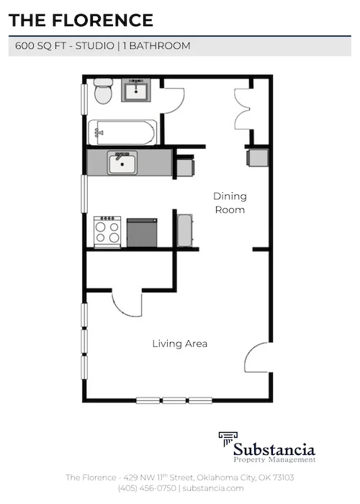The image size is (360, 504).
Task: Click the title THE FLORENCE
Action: (81, 20)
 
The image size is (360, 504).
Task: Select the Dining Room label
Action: (229, 203)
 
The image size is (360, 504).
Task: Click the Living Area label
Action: (179, 343)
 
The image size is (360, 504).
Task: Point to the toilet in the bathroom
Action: (103, 91)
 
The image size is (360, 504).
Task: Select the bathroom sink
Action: (135, 91)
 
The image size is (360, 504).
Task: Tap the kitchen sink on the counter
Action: (122, 162)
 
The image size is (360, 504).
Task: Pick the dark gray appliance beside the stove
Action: (142, 233)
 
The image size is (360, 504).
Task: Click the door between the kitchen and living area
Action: (127, 303)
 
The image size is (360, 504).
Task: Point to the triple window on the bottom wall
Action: (174, 400)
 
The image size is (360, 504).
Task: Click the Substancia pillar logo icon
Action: (229, 440)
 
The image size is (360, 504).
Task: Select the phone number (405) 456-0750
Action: (147, 487)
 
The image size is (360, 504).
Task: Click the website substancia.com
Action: (214, 487)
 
